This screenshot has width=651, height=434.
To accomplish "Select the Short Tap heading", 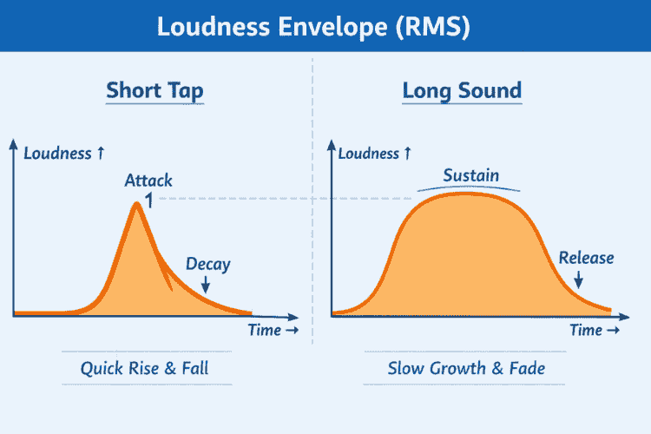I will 155,90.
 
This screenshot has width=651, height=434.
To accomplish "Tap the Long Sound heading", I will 462,90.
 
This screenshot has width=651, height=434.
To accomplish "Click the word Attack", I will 148,181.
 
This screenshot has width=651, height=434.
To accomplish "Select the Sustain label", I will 471,175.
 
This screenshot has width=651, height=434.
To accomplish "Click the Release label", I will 586,257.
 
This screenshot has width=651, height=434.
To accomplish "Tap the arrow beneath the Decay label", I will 207,283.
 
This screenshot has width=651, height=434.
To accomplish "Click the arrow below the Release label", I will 579,279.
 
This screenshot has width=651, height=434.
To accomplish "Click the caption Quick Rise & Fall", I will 145,368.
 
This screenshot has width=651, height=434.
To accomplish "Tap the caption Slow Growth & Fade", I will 466,368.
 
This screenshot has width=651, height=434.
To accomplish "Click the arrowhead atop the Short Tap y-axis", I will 14,141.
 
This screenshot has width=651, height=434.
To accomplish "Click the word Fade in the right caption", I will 526,368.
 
